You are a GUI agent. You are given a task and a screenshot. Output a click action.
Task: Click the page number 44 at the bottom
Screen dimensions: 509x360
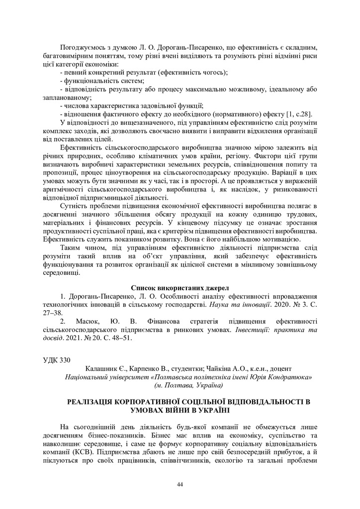click(180, 484)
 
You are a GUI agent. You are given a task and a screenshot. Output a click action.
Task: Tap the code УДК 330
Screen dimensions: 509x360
click(53, 359)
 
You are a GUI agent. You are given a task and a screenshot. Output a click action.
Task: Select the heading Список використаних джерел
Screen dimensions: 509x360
click(180, 288)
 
